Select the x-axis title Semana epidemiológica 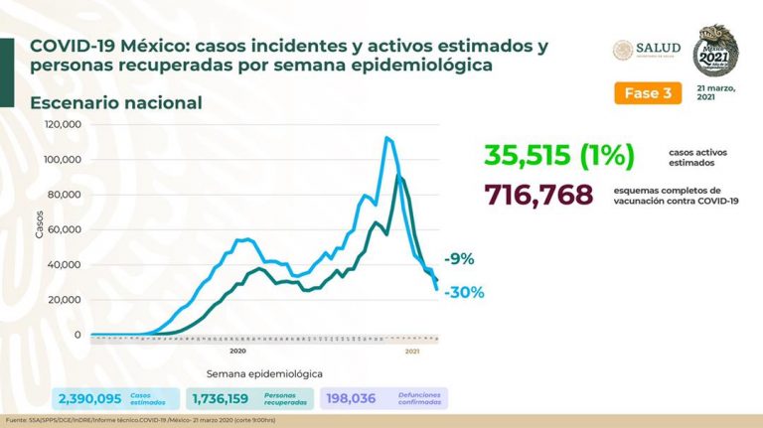point(263,373)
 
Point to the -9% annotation point(458,259)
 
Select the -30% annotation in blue point(463,292)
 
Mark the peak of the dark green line point(399,176)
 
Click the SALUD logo point(645,50)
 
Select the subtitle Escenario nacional point(116,103)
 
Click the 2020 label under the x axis point(238,351)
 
